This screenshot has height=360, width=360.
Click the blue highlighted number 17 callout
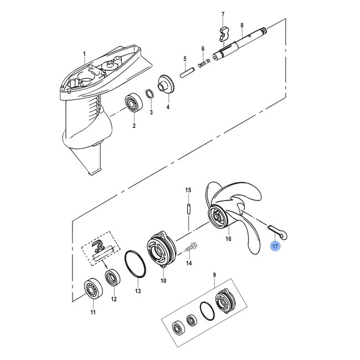[x=275, y=245]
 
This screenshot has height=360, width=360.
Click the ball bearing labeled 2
[x=132, y=104]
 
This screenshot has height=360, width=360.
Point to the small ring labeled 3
[x=150, y=93]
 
